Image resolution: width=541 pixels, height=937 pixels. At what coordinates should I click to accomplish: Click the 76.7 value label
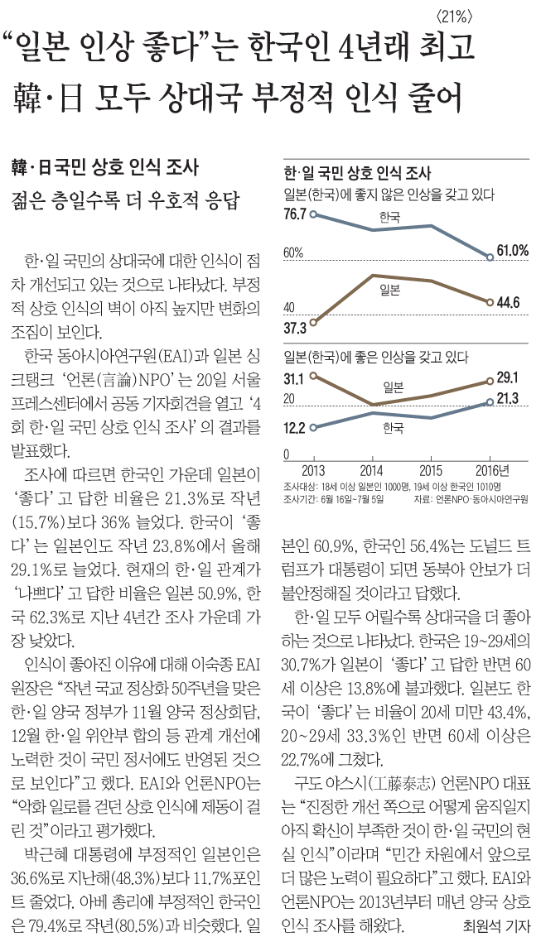click(295, 214)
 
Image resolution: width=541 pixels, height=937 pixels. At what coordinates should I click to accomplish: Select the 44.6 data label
click(508, 302)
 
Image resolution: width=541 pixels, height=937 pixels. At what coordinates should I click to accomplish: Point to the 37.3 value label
click(295, 328)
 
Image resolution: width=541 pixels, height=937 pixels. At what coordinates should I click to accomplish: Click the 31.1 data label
click(294, 380)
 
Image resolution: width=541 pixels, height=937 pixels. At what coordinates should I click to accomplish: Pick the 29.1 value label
click(507, 377)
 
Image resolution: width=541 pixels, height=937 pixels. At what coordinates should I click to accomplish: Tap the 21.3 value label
click(507, 401)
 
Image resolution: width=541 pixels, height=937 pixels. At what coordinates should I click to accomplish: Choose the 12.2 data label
click(295, 428)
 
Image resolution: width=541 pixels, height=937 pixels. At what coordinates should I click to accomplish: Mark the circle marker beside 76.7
click(313, 214)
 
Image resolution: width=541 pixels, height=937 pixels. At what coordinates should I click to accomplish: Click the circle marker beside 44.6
click(490, 302)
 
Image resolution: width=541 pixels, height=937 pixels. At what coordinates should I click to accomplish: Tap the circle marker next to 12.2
click(313, 427)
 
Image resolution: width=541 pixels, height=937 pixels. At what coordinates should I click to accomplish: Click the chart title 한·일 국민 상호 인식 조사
click(358, 174)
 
